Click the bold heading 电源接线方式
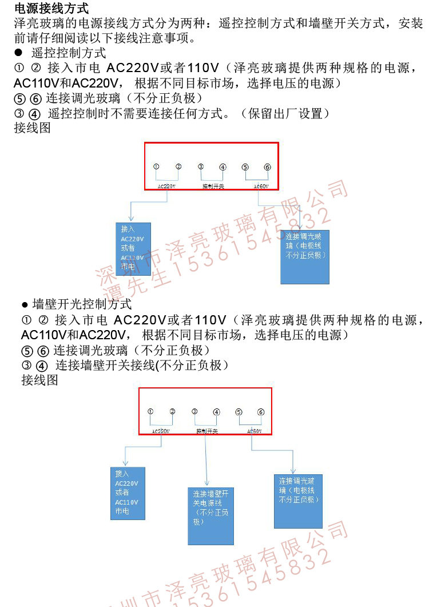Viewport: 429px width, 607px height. tap(51, 9)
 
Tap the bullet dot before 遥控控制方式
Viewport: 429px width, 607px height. tap(18, 53)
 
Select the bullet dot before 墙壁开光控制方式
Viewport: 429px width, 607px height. tap(25, 304)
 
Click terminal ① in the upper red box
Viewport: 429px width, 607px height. tap(156, 166)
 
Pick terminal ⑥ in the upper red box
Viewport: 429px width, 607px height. tap(267, 168)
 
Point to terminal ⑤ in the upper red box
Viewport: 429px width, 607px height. tap(245, 168)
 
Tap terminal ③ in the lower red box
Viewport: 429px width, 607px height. tap(194, 411)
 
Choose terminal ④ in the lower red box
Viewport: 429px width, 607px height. tap(216, 412)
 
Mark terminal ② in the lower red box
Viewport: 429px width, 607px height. tap(172, 411)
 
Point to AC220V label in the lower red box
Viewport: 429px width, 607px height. tap(161, 431)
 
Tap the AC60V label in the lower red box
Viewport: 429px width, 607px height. tap(255, 431)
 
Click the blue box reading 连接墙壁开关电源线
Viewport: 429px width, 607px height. tap(210, 515)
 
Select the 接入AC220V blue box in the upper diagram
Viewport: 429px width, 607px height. tap(133, 250)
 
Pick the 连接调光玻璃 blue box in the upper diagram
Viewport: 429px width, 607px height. tap(305, 256)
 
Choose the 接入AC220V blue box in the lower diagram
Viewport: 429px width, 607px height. tap(128, 493)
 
